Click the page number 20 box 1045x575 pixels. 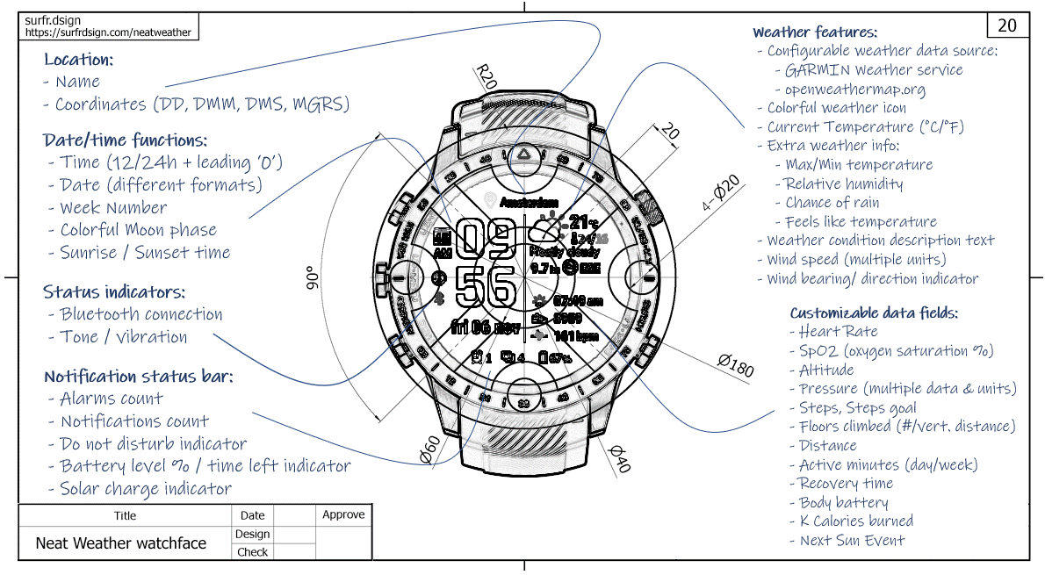tap(1007, 25)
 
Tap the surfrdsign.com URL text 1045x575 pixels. tap(108, 32)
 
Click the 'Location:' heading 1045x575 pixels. tap(78, 61)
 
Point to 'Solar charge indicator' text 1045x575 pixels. tap(146, 489)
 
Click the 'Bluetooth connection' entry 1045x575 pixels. tap(141, 314)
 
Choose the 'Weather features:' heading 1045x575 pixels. tap(814, 32)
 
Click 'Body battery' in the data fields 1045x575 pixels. tap(844, 503)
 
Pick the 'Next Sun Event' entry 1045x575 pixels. tap(852, 541)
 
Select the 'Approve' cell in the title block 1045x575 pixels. tap(343, 514)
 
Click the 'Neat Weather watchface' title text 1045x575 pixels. tap(121, 543)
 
